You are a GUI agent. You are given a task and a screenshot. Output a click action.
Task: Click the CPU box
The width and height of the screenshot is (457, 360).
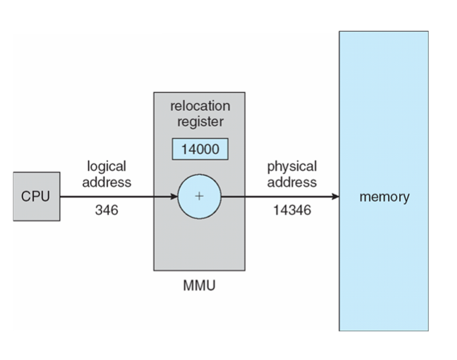point(36,196)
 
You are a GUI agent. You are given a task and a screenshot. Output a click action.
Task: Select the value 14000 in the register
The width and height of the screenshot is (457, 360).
point(199,149)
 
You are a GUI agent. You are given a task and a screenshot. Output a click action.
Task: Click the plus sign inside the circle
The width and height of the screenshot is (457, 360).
point(199,197)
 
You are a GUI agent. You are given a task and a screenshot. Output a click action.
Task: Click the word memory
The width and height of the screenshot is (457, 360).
point(384,197)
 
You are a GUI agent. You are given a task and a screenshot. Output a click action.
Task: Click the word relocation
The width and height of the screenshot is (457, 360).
point(200,107)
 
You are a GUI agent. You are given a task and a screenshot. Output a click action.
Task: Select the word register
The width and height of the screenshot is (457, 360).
point(200,122)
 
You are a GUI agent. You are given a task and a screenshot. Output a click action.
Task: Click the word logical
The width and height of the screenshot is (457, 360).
point(107,166)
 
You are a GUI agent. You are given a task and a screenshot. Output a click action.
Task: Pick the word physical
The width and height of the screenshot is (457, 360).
point(292,166)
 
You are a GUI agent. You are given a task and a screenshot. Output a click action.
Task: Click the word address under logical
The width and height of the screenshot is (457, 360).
point(107,182)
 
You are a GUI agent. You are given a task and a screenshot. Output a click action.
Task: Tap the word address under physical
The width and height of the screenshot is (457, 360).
point(292,182)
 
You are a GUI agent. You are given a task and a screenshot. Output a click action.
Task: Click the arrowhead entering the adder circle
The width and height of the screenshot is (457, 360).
point(173,197)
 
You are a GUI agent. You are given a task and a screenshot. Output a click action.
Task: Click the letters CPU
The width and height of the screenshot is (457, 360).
point(36,196)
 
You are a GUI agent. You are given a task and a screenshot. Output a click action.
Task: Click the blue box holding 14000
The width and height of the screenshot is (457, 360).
point(199,149)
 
